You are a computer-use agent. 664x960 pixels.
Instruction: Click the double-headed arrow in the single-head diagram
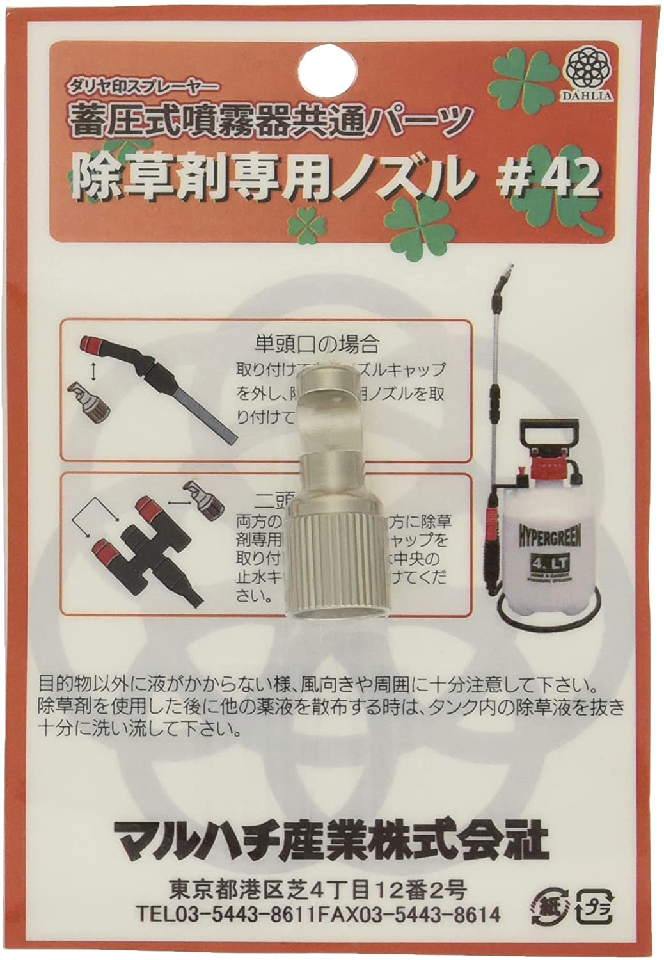95,369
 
